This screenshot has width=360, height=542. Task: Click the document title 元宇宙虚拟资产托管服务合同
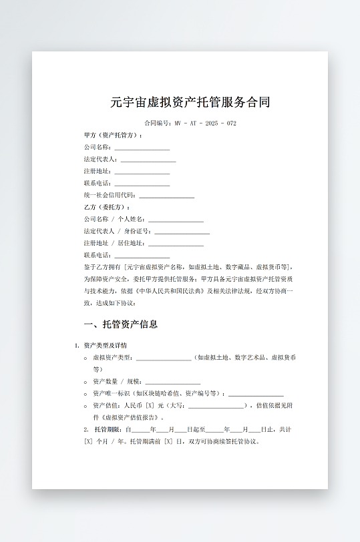[190, 102]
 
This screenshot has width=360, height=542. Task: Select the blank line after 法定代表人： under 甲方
[148, 160]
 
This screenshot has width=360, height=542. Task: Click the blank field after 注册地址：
[142, 172]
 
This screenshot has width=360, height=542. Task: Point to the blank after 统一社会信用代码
[166, 196]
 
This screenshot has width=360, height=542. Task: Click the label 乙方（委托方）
[107, 208]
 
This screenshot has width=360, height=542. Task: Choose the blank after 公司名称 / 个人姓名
[176, 220]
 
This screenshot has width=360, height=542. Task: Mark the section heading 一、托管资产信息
[121, 325]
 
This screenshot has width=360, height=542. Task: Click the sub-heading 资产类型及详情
[105, 345]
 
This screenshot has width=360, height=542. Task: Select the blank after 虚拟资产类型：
[164, 358]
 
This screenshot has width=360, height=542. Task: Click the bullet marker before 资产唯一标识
[86, 394]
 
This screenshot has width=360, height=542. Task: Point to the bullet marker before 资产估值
[86, 406]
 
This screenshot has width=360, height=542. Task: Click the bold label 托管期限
[106, 429]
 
